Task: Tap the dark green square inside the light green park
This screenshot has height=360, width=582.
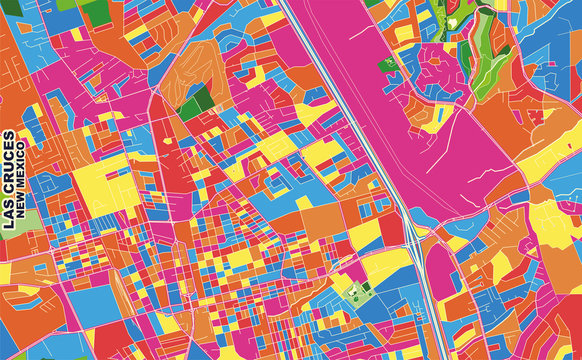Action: point(352,293)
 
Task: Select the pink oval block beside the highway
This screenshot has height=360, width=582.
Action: point(441,271)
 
